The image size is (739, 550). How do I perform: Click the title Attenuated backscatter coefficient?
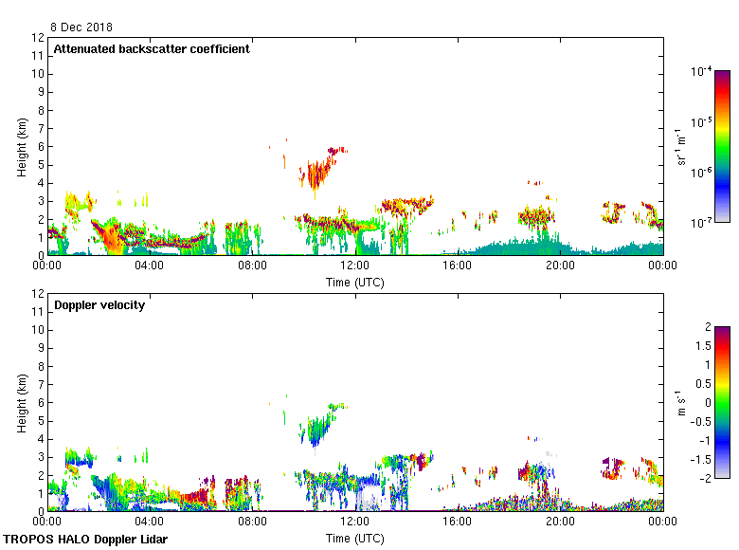click(152, 49)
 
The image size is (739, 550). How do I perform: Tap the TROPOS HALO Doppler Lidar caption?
click(85, 540)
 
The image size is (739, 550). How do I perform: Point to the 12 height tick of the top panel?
click(39, 38)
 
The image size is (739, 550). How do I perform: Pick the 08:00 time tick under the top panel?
click(252, 266)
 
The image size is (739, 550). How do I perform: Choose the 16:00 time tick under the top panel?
click(457, 266)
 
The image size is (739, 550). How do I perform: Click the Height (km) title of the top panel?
click(21, 146)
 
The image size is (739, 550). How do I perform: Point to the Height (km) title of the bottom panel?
click(21, 402)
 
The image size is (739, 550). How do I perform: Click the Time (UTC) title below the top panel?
click(355, 282)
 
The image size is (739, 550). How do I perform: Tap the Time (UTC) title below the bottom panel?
click(355, 538)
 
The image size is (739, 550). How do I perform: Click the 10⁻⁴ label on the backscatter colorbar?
click(702, 71)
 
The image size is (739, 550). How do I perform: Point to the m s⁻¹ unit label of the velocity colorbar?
click(683, 402)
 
